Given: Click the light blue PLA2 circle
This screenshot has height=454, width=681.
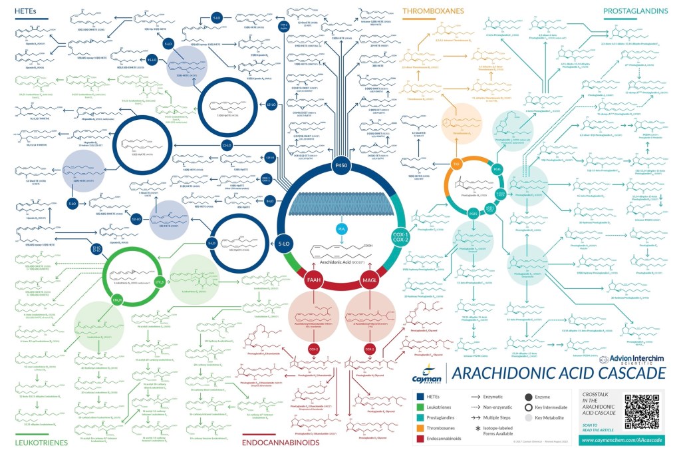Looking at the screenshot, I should (x=342, y=229).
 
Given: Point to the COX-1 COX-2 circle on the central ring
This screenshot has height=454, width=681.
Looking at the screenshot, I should (x=400, y=238).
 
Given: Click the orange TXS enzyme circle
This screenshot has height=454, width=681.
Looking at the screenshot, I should (x=456, y=164).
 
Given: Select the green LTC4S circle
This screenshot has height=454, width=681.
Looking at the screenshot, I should (x=160, y=282).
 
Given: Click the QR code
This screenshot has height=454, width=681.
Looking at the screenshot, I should (x=642, y=411).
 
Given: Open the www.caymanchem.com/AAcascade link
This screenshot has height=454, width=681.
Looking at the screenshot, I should (x=622, y=441).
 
